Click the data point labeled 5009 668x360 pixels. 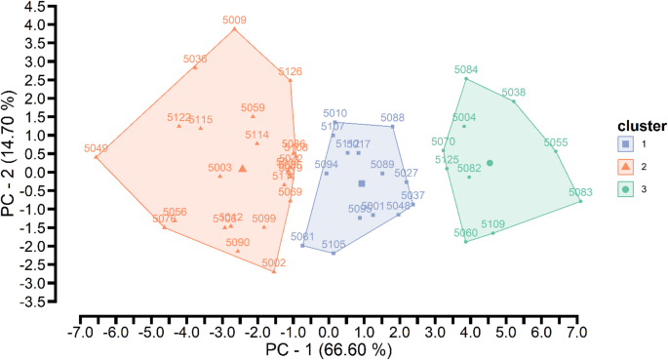coord(234,28)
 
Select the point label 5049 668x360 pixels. coord(97,148)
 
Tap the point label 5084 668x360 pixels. coord(466,69)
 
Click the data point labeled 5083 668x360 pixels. coord(580,201)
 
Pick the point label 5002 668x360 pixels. coord(273,262)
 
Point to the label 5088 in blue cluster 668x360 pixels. coord(392,117)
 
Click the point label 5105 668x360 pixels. coord(334,244)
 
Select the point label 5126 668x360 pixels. coord(290,71)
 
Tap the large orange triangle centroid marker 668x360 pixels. coord(243,168)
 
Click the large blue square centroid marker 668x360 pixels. coord(362,183)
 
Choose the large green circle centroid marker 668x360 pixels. coord(491,163)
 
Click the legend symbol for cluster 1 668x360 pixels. coord(624,144)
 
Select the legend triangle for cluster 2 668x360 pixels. coord(624,167)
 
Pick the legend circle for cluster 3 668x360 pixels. coord(624,189)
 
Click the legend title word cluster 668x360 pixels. coord(641,126)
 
